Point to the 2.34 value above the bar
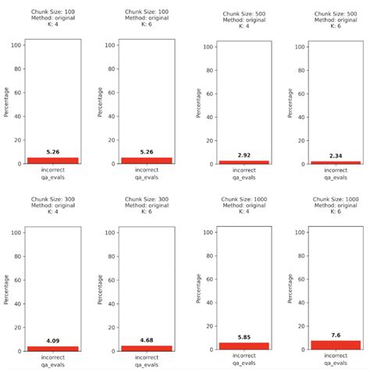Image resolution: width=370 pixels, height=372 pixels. pos(338,156)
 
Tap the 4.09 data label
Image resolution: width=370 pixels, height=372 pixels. pos(52,340)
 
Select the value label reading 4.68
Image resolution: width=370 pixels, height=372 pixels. pos(146,340)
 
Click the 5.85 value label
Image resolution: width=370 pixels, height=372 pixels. pos(244,336)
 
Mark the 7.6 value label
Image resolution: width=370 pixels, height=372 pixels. pos(338,334)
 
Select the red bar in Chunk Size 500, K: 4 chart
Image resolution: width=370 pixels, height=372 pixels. pos(244,161)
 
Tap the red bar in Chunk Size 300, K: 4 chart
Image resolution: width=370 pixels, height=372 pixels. pos(52,348)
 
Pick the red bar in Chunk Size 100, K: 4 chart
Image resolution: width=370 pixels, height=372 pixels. pos(52,160)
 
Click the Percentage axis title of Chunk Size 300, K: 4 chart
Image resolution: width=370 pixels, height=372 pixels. pos(7,289)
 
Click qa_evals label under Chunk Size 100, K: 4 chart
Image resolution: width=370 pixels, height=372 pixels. pos(52,177)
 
